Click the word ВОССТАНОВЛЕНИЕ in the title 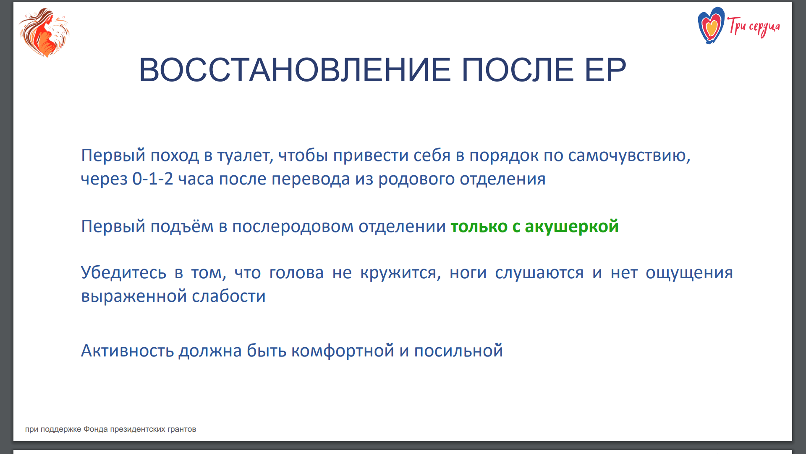click(x=295, y=70)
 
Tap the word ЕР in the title click(x=605, y=70)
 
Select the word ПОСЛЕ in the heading click(x=517, y=70)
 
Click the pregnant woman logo click(x=44, y=32)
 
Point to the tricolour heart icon click(x=711, y=26)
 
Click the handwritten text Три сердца click(x=754, y=26)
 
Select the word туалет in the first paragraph click(x=245, y=156)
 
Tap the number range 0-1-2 click(x=152, y=179)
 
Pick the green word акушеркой click(x=572, y=227)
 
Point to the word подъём click(x=182, y=227)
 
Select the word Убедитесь click(x=123, y=273)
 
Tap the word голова click(x=296, y=273)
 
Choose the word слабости click(x=229, y=296)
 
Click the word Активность click(x=127, y=351)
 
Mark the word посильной click(x=458, y=351)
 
